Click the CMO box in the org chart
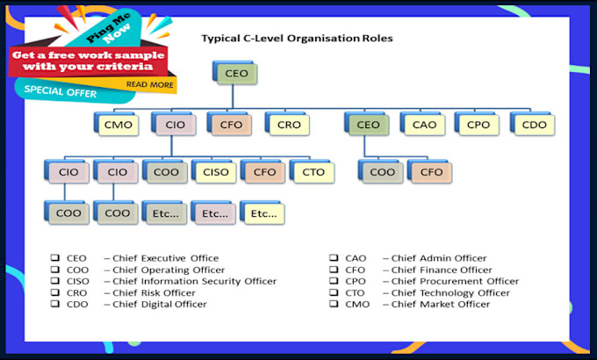(117, 124)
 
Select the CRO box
(287, 124)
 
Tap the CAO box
(423, 124)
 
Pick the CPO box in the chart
(477, 124)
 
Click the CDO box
(533, 124)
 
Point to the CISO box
(214, 172)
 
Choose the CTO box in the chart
(313, 172)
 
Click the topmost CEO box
(235, 73)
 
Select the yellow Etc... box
(263, 213)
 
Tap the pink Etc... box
(213, 213)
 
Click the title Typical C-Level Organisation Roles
(297, 39)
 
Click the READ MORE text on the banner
(149, 84)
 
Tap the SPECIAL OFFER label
(61, 91)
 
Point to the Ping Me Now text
(109, 29)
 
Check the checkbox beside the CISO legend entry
(55, 281)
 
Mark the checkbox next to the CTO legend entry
(334, 292)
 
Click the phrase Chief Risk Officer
(154, 292)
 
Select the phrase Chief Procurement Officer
(455, 281)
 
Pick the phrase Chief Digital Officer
(160, 304)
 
